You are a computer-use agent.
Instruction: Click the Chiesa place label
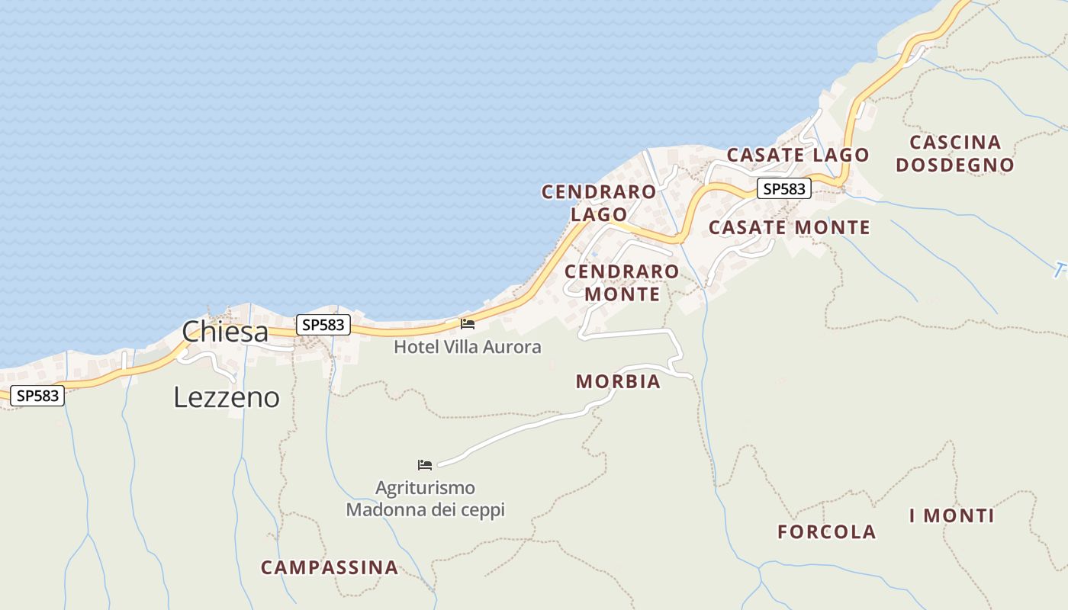[x=225, y=332]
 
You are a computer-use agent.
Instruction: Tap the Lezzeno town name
[x=227, y=397]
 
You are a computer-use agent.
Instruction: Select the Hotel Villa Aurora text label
[x=467, y=347]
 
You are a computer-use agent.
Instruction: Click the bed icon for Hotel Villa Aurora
[x=468, y=324]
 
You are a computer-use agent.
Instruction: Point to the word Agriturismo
[x=425, y=488]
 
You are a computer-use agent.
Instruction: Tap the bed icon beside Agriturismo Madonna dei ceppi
[x=425, y=464]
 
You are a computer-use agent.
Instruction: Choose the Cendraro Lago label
[x=599, y=203]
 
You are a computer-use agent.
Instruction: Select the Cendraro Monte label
[x=622, y=282]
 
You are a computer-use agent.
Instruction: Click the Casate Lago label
[x=797, y=155]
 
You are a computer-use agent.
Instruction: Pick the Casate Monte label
[x=789, y=227]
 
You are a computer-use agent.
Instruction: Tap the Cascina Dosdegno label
[x=955, y=153]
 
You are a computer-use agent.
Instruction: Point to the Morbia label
[x=618, y=381]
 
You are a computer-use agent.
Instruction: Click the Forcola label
[x=827, y=532]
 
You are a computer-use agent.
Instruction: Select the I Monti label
[x=951, y=516]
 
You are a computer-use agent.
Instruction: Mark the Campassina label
[x=330, y=567]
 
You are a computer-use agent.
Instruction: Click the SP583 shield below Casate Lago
[x=783, y=189]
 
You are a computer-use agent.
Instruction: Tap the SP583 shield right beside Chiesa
[x=323, y=325]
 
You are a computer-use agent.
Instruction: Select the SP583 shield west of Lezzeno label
[x=37, y=396]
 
